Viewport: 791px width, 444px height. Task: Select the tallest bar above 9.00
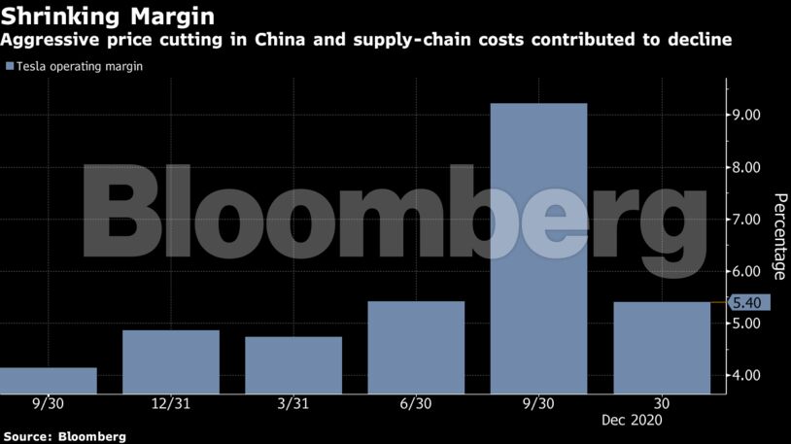click(x=538, y=248)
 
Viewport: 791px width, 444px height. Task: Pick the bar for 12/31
click(x=171, y=361)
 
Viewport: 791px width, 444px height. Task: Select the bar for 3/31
click(x=293, y=364)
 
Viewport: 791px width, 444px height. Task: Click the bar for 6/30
click(x=416, y=347)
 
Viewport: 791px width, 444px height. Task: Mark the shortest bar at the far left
click(x=49, y=380)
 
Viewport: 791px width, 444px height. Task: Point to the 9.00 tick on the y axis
click(x=746, y=116)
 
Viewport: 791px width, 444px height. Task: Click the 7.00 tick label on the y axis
click(x=746, y=220)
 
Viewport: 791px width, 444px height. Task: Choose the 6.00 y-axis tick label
click(x=746, y=272)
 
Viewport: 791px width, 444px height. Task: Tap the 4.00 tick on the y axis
click(x=746, y=376)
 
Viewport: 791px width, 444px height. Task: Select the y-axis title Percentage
click(x=779, y=236)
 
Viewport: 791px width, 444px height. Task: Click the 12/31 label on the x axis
click(x=171, y=403)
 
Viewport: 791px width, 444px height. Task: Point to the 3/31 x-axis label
click(x=293, y=403)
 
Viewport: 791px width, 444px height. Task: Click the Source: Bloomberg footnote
click(x=64, y=436)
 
